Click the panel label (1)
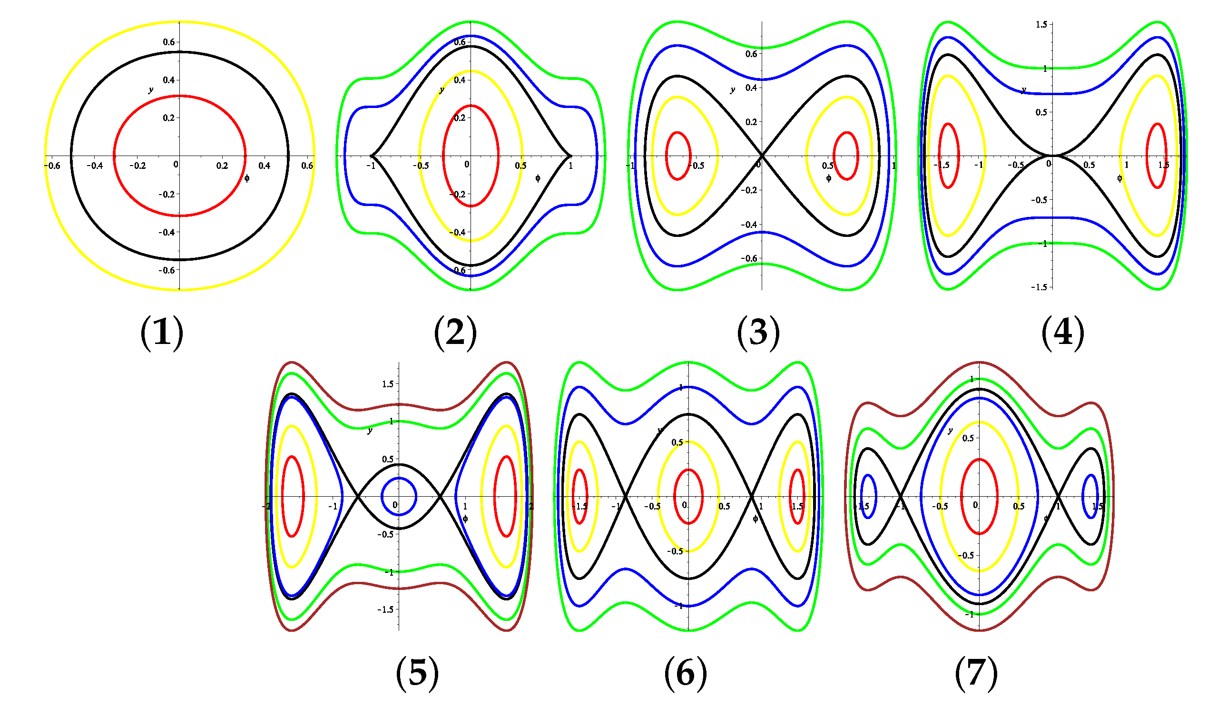pyautogui.click(x=162, y=332)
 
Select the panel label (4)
pyautogui.click(x=1063, y=332)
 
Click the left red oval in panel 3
pyautogui.click(x=678, y=156)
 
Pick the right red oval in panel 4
pyautogui.click(x=1156, y=156)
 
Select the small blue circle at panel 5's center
pyautogui.click(x=399, y=497)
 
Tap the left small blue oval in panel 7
pyautogui.click(x=868, y=497)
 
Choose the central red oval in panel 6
pyautogui.click(x=688, y=497)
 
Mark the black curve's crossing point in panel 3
pyautogui.click(x=762, y=155)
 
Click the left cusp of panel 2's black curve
pyautogui.click(x=371, y=156)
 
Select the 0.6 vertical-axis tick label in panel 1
pyautogui.click(x=168, y=42)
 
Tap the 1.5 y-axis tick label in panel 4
pyautogui.click(x=1041, y=24)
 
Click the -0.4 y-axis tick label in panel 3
pyautogui.click(x=749, y=225)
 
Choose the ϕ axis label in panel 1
pyautogui.click(x=246, y=179)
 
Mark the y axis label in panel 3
pyautogui.click(x=732, y=89)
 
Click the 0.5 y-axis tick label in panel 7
pyautogui.click(x=968, y=438)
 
